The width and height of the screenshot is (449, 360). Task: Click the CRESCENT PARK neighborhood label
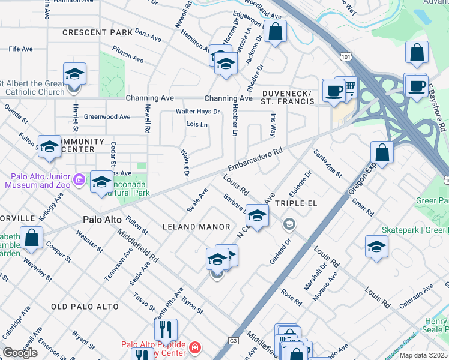[x=96, y=32]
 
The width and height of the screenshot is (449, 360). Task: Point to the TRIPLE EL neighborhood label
[x=295, y=203]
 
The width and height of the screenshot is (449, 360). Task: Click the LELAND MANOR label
[x=196, y=227]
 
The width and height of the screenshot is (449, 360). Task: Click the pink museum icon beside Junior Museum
[x=79, y=179]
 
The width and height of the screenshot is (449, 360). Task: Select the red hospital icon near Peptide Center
[x=194, y=348]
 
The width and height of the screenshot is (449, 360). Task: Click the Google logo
[x=20, y=353]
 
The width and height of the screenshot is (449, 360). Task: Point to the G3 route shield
[x=233, y=341]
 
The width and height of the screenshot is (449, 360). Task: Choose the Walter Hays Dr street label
[x=197, y=112]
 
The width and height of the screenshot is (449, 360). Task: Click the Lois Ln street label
[x=197, y=125]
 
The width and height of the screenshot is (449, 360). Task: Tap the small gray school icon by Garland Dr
[x=289, y=224]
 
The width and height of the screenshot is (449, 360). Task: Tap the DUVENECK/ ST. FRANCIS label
[x=288, y=98]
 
